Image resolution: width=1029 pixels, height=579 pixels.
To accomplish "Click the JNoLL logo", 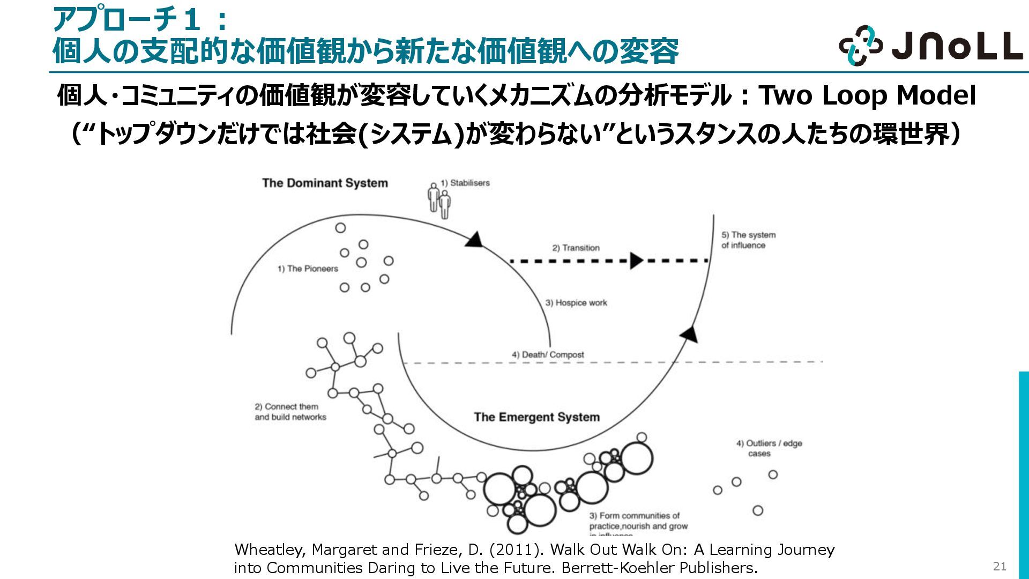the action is [x=930, y=46].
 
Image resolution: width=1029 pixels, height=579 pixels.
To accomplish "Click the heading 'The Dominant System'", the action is [x=325, y=183].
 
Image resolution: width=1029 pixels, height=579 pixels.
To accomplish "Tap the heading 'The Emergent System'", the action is [x=536, y=417].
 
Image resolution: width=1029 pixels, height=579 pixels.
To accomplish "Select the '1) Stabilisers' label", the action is [x=465, y=183].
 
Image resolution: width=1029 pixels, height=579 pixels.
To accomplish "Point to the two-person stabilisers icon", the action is [x=439, y=201].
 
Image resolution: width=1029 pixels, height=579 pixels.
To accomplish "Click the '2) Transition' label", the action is [x=576, y=248].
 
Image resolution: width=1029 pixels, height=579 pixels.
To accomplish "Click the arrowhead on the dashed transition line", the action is [x=636, y=261].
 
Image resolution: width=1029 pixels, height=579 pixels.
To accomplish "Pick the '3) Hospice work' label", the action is [x=576, y=303].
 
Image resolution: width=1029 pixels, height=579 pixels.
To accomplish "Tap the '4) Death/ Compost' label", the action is [x=547, y=355].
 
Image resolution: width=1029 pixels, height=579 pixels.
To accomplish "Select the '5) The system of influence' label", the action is [x=748, y=240].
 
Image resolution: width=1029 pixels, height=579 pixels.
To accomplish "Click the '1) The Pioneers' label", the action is [x=308, y=269].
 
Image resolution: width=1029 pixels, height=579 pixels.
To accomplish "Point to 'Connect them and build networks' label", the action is [x=290, y=412].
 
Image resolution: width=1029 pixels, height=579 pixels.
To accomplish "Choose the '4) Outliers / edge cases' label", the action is [x=769, y=448].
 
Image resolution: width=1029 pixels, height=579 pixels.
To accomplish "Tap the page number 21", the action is [x=1000, y=566].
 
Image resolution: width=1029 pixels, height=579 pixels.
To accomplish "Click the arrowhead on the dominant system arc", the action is [x=474, y=239].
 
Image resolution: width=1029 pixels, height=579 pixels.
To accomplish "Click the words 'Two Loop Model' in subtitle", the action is [x=867, y=95].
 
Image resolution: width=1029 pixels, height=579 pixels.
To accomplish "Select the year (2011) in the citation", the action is [x=517, y=550].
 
